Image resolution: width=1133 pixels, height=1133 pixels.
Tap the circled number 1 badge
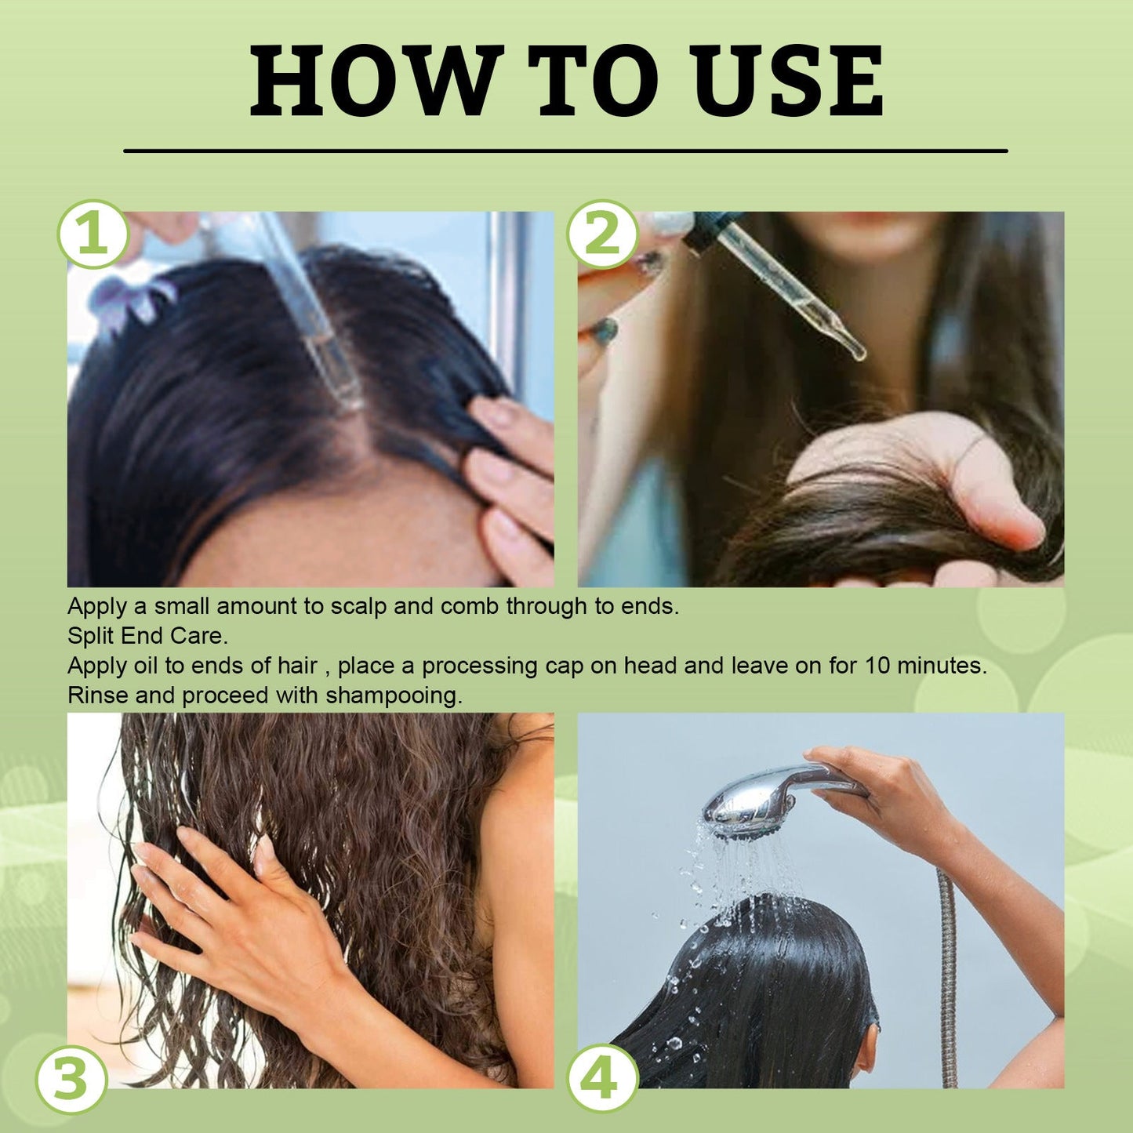coord(93,234)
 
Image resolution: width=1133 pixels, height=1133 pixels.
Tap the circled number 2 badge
coord(602,234)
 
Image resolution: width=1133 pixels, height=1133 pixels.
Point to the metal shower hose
coord(948,980)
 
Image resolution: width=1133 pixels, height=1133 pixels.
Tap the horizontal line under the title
coord(565,150)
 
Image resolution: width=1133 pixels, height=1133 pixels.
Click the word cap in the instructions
coord(553,666)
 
